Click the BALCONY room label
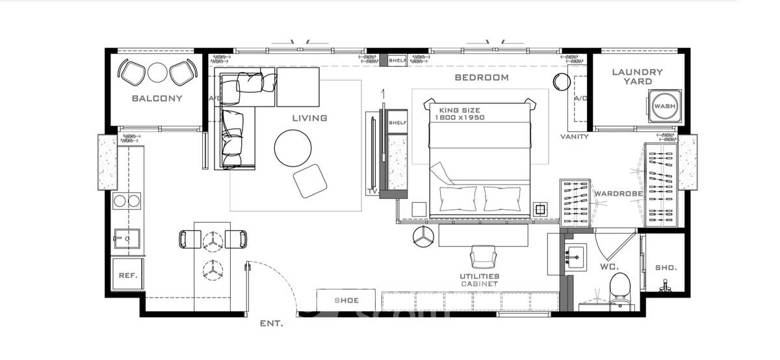(x=157, y=99)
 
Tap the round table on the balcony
(x=157, y=72)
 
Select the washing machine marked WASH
(x=665, y=106)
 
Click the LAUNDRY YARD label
(x=637, y=77)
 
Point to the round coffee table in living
(x=293, y=148)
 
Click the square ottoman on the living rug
(x=310, y=181)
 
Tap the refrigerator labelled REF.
(x=128, y=275)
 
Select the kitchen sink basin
(x=127, y=238)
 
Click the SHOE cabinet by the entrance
(x=346, y=300)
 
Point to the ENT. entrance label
(x=272, y=324)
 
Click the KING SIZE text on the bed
(x=460, y=110)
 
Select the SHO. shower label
(x=666, y=268)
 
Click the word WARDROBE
(x=618, y=194)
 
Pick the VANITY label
(x=575, y=137)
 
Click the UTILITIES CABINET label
(x=480, y=280)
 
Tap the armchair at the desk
(x=484, y=256)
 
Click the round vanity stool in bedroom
(x=562, y=82)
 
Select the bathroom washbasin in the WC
(x=576, y=257)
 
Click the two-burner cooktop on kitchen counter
(x=127, y=201)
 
